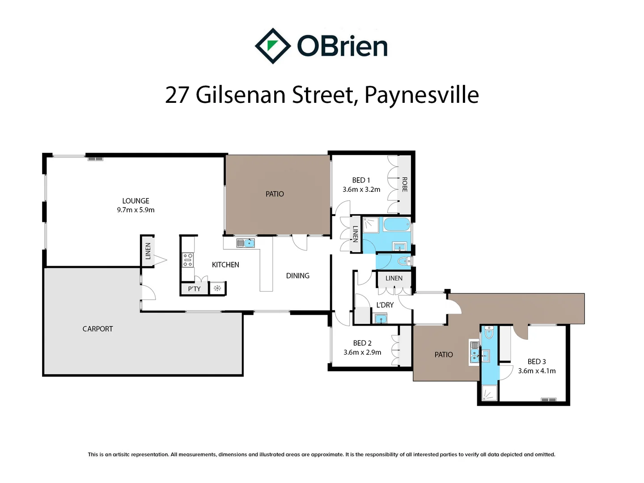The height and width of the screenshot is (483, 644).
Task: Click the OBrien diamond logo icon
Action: click(x=272, y=46)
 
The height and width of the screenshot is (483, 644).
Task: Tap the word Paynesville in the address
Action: click(x=421, y=95)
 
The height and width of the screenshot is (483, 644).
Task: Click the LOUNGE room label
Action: click(x=136, y=201)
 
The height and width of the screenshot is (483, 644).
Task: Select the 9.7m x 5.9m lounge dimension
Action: click(x=136, y=210)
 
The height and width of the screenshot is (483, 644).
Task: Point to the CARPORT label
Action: click(x=97, y=329)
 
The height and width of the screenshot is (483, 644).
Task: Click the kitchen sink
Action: click(x=246, y=243)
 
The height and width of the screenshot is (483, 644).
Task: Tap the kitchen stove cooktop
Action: click(x=188, y=260)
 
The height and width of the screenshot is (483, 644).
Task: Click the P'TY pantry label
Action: click(x=194, y=289)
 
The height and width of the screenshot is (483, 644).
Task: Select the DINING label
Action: click(x=297, y=275)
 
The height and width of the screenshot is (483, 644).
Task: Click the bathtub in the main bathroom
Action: click(x=397, y=225)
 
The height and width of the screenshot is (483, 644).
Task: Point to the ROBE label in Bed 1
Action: click(x=404, y=184)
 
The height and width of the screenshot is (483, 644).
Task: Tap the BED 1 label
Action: click(x=361, y=180)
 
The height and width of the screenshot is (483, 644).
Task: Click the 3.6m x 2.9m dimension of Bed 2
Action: click(x=362, y=352)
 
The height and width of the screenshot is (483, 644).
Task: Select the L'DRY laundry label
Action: click(x=385, y=305)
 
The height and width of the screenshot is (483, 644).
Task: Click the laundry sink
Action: click(x=381, y=319)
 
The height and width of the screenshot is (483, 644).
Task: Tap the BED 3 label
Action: click(x=537, y=361)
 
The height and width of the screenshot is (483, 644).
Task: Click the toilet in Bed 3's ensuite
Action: click(x=489, y=333)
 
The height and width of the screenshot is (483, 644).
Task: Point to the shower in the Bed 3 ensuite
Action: click(x=489, y=393)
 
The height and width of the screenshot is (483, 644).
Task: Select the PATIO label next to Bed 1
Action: click(x=275, y=194)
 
